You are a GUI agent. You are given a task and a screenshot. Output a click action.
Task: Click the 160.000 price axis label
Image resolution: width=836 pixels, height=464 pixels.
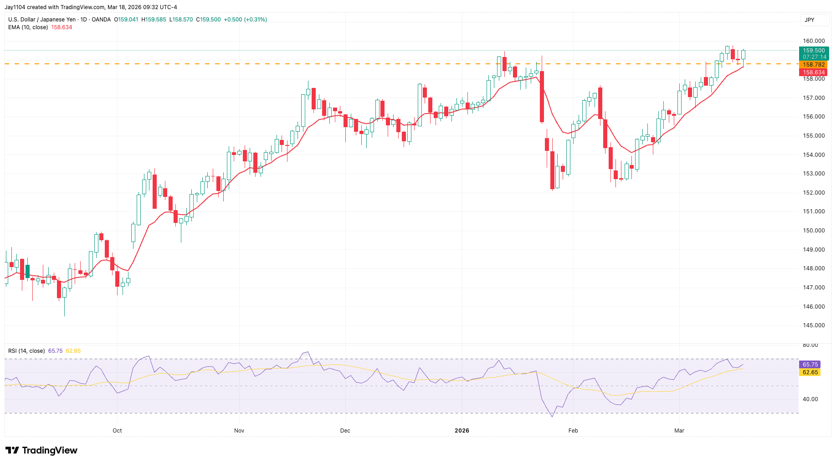[813, 41]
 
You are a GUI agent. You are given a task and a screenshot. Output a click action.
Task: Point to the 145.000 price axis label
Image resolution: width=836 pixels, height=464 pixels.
[813, 325]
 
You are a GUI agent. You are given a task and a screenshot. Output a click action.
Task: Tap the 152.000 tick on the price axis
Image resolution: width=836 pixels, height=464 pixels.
[813, 193]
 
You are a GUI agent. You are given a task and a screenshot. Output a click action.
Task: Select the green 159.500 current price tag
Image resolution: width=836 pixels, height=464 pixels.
[813, 51]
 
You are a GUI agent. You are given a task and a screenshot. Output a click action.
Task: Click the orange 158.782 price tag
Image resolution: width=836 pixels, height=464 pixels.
[813, 65]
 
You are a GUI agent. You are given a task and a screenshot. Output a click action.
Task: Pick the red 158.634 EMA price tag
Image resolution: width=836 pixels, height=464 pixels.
[813, 72]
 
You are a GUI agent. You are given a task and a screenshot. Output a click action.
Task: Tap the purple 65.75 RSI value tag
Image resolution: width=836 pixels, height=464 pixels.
[810, 365]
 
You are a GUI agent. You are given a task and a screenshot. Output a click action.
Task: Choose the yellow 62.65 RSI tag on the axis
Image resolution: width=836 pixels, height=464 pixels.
[810, 372]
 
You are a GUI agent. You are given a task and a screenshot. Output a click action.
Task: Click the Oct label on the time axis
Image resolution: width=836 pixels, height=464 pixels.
[117, 431]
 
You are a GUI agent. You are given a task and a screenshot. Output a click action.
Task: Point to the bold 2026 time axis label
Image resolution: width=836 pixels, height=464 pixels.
[462, 431]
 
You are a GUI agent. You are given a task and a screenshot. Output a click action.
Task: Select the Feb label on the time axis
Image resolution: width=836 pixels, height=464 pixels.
[573, 431]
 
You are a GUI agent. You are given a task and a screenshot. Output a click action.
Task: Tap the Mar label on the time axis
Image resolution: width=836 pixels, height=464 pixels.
[679, 431]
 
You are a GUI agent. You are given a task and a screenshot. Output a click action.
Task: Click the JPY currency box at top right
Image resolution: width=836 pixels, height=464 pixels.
[810, 20]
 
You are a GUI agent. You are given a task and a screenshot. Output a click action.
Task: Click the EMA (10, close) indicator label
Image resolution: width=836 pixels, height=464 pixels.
[27, 27]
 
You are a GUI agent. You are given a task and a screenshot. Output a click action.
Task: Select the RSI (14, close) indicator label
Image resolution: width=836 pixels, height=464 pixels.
[26, 351]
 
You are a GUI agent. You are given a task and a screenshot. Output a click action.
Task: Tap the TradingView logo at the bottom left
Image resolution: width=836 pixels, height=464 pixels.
[41, 450]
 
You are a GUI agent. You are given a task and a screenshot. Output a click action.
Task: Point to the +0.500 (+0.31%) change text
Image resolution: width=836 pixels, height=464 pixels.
[245, 20]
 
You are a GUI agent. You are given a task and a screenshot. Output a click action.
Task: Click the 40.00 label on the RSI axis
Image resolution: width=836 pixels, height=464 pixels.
[810, 399]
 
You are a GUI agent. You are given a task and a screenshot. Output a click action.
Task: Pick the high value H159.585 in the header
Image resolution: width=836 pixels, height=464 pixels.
[154, 20]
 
